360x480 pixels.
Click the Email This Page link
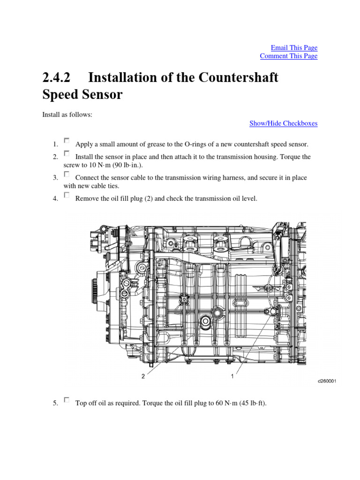click(294, 48)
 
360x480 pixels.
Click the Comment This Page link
click(288, 56)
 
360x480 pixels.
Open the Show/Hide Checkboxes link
click(283, 124)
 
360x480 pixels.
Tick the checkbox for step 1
click(67, 140)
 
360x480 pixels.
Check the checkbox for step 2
click(67, 153)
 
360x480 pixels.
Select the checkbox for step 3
click(67, 174)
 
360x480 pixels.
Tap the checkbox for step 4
click(67, 195)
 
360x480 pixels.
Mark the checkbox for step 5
click(67, 400)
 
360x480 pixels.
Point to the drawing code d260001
click(327, 382)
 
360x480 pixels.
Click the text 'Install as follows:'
click(67, 114)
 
